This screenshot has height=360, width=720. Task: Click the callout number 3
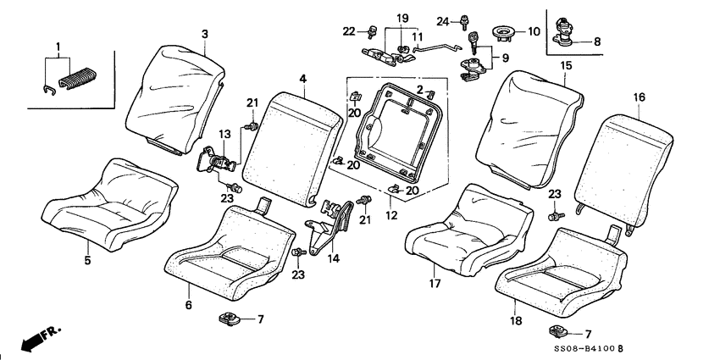[204, 33]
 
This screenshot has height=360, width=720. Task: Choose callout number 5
[87, 261]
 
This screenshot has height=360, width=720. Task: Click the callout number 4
[302, 79]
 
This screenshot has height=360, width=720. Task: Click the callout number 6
[189, 305]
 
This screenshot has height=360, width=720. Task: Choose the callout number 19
[402, 19]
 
